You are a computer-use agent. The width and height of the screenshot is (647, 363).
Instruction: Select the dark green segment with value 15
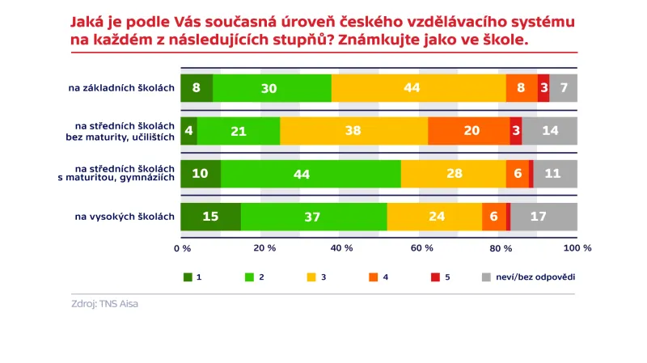coord(210,217)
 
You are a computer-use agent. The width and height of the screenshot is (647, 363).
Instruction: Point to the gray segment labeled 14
coord(550,130)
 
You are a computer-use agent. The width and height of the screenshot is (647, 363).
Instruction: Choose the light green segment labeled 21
coord(239,130)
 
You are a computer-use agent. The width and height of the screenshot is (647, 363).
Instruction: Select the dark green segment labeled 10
coord(201,174)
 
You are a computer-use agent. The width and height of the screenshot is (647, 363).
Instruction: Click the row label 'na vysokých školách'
coord(125,217)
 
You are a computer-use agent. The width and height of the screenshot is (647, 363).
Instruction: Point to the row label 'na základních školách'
coord(121,87)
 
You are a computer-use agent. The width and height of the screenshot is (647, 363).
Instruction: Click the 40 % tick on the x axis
coord(343,248)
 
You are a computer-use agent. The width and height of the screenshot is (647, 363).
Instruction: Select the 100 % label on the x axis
coord(577,248)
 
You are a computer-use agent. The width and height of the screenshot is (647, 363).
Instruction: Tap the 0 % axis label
coord(182,248)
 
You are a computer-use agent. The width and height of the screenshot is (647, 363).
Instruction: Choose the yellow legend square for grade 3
coord(311,277)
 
